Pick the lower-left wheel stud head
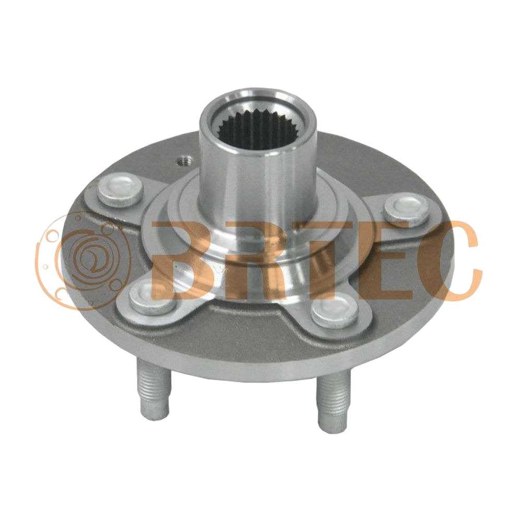point(152,298)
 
